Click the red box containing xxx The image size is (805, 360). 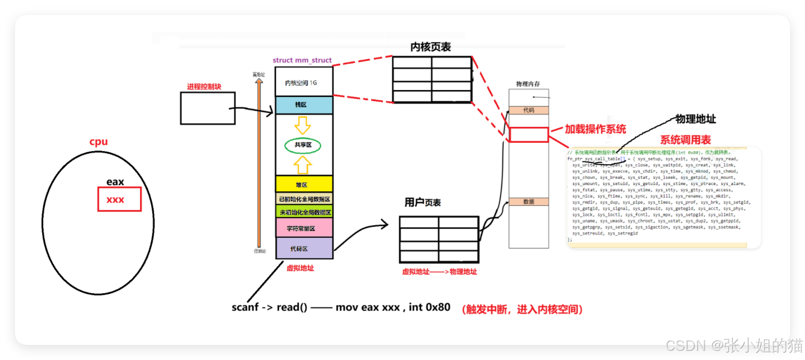[x=119, y=199]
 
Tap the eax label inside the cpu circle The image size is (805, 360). [x=115, y=182]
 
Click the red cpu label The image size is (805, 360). [x=98, y=142]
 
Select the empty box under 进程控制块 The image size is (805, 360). [x=207, y=108]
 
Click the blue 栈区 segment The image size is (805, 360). [x=304, y=105]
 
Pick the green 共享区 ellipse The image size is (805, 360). [x=303, y=145]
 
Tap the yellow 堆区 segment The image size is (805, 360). [x=304, y=184]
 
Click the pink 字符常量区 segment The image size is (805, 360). [x=304, y=228]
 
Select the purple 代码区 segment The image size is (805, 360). [x=304, y=249]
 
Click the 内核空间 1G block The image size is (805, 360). [x=303, y=82]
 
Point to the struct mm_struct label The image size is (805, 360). [x=302, y=60]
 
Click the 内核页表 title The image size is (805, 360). [x=430, y=47]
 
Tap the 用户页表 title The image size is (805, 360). [x=423, y=203]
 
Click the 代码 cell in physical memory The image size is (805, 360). [x=529, y=110]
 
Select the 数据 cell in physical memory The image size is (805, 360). [x=529, y=202]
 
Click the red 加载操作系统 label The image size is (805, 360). [x=595, y=129]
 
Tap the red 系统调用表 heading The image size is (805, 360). [x=685, y=140]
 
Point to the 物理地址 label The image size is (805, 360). [x=695, y=119]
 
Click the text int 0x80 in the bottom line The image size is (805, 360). [x=429, y=307]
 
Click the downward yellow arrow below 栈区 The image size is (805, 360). [x=303, y=125]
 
